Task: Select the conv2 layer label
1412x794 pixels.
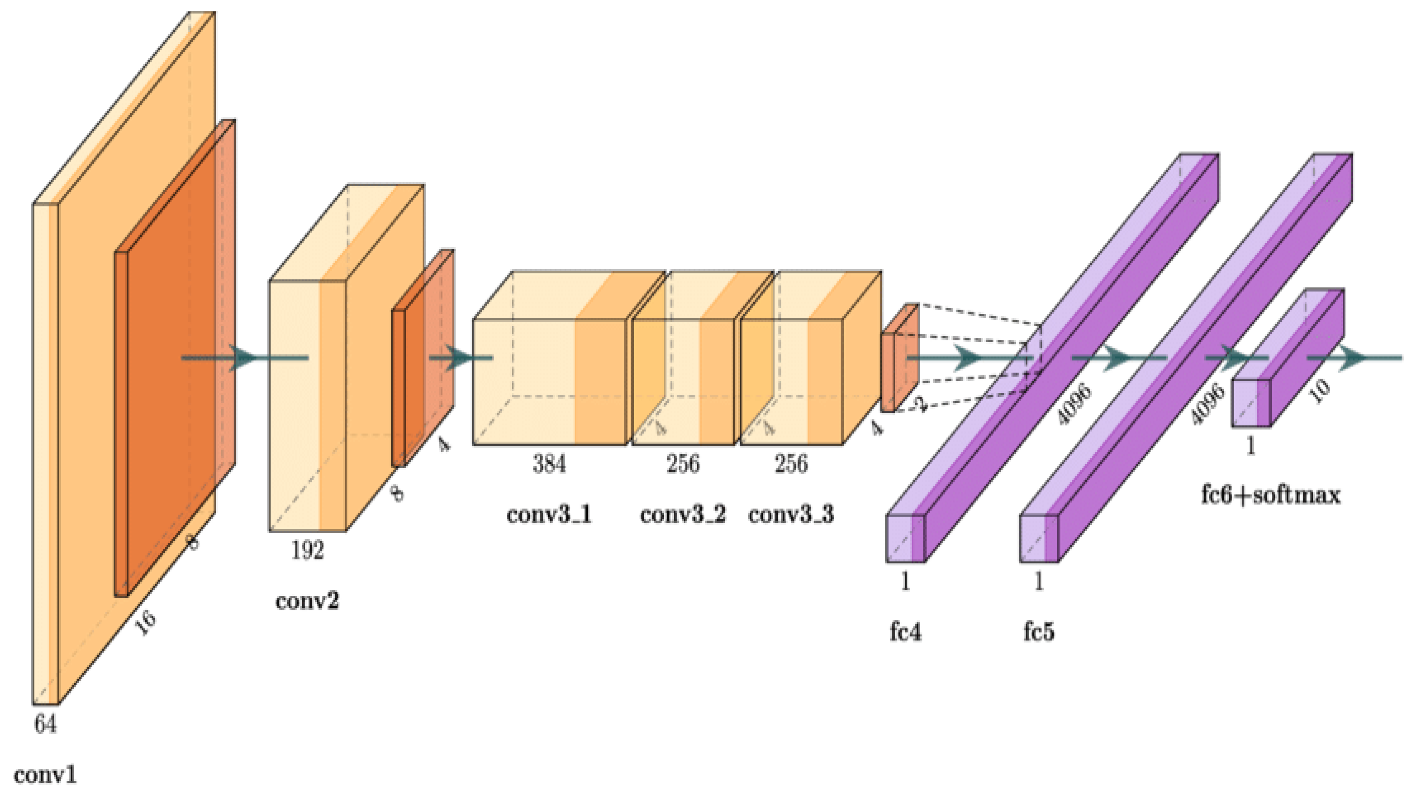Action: click(x=307, y=601)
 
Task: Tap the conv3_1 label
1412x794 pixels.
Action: click(x=549, y=514)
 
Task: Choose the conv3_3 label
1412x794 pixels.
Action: click(x=791, y=514)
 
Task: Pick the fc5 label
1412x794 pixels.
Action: click(x=1039, y=632)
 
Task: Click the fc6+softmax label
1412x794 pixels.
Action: click(x=1270, y=495)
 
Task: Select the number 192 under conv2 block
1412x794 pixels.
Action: click(x=307, y=550)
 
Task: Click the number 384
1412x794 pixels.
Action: click(x=549, y=464)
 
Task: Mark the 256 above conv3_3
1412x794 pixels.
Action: click(x=791, y=464)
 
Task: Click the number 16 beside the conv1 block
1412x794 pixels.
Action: click(x=145, y=623)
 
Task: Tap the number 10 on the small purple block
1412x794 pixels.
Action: click(x=1321, y=391)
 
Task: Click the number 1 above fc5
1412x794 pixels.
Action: click(x=1039, y=581)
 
